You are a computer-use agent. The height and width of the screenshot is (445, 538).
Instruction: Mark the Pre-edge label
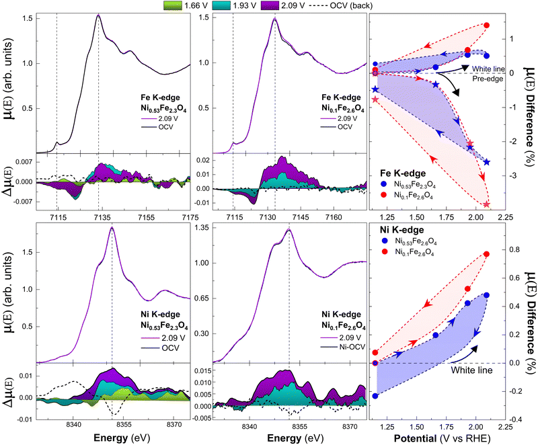point(488,78)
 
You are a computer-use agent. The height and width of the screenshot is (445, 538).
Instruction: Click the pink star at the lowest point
point(486,204)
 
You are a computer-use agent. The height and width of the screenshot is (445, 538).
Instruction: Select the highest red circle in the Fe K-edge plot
point(486,26)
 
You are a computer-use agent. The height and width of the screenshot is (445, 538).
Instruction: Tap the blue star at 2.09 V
point(486,162)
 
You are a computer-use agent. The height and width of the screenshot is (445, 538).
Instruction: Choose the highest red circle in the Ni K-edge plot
point(486,254)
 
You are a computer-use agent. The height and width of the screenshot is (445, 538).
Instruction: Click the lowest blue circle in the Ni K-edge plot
point(375,396)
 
